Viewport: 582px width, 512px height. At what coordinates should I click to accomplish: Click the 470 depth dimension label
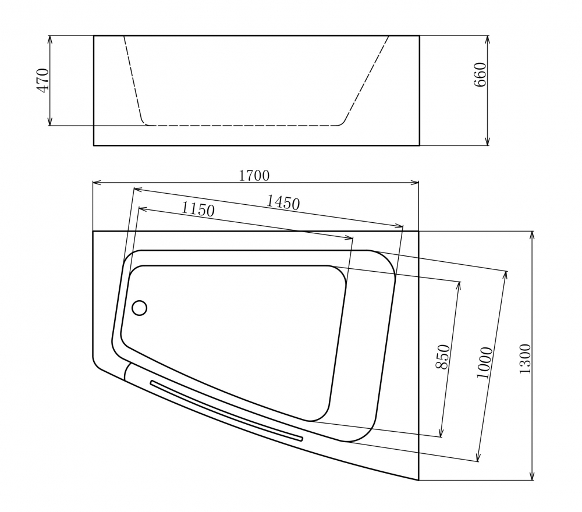(42, 80)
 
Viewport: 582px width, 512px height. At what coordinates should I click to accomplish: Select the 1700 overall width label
(254, 175)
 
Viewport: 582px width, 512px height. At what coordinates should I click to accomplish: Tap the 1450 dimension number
(283, 202)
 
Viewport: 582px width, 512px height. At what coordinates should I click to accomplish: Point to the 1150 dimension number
(198, 209)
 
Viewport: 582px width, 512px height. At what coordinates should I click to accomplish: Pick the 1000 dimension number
(484, 362)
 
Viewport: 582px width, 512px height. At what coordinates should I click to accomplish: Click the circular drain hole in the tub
(139, 308)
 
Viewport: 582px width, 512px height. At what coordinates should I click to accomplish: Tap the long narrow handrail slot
(227, 410)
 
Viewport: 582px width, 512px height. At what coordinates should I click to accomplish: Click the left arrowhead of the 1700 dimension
(96, 183)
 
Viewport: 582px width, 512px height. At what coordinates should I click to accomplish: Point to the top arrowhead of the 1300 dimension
(532, 234)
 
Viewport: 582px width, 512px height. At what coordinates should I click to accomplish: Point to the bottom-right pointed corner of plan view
(418, 480)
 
